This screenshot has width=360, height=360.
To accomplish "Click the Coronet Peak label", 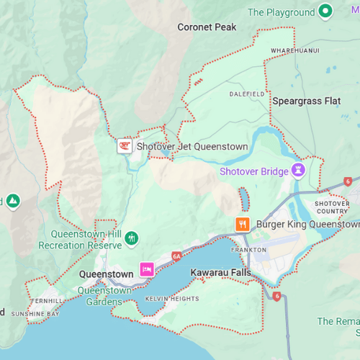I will [x=206, y=27].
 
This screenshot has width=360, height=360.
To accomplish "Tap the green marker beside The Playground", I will [x=325, y=12].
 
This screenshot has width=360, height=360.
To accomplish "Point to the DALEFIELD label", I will [x=248, y=94].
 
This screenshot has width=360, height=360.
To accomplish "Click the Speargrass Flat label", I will [x=306, y=102].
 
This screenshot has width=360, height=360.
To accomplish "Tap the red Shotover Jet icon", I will [x=125, y=146].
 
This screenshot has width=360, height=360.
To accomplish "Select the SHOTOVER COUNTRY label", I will [x=331, y=207].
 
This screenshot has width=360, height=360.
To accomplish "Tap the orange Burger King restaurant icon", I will [x=243, y=224].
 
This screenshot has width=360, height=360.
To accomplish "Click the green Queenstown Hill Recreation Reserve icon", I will [x=131, y=238].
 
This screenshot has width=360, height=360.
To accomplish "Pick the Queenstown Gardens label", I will [x=105, y=295].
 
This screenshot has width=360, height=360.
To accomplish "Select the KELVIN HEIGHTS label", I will [x=171, y=298].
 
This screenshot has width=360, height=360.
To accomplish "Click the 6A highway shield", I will [x=176, y=256].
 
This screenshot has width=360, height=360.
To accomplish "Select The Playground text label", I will [x=282, y=12].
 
